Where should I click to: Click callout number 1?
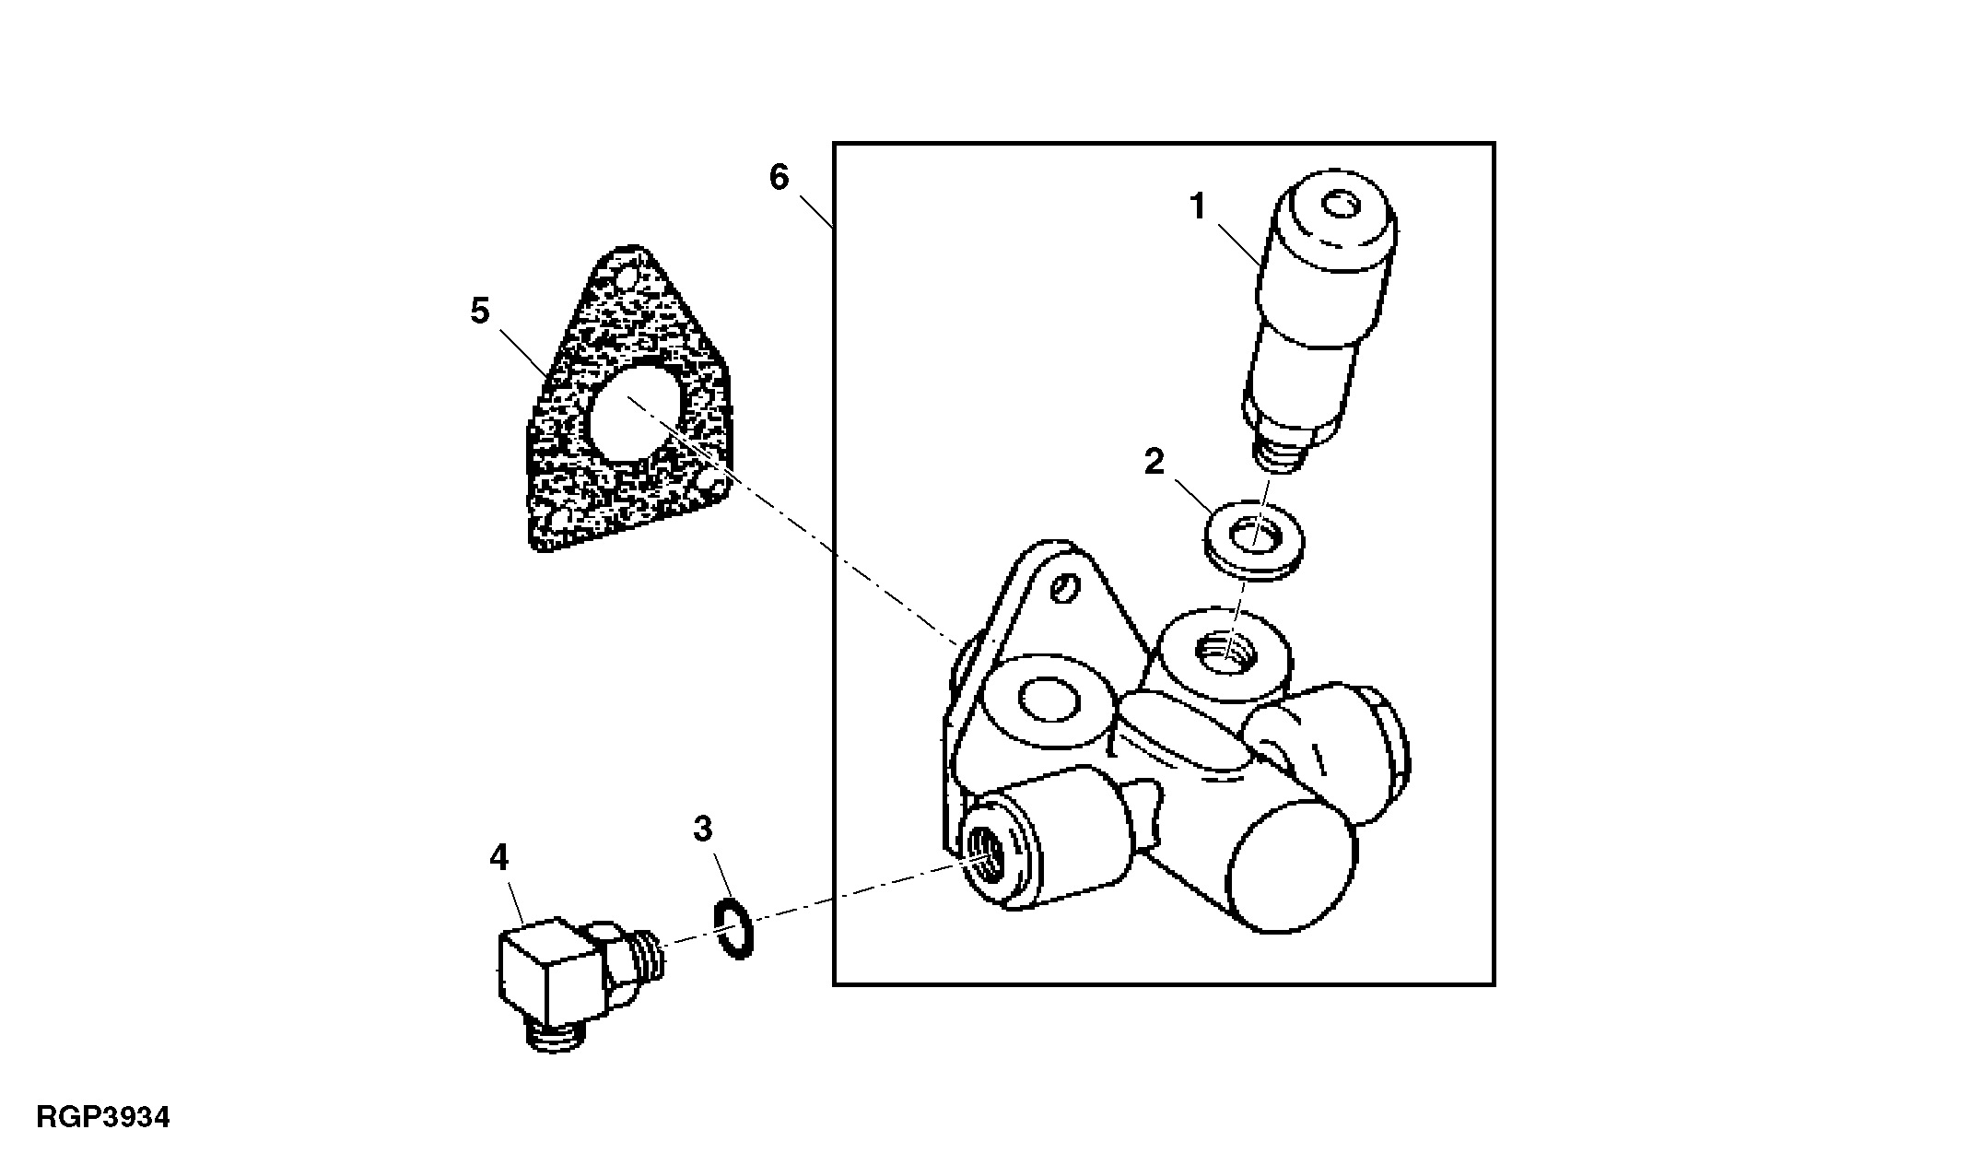coord(1197,207)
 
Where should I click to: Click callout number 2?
coord(1155,462)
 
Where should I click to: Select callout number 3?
coord(702,829)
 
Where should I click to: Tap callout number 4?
coord(498,858)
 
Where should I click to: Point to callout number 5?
coord(479,312)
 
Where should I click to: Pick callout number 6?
coord(779,177)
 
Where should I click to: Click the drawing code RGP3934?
coord(103,1118)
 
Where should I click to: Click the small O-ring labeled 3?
coord(733,930)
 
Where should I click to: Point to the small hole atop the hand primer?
coord(1338,205)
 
